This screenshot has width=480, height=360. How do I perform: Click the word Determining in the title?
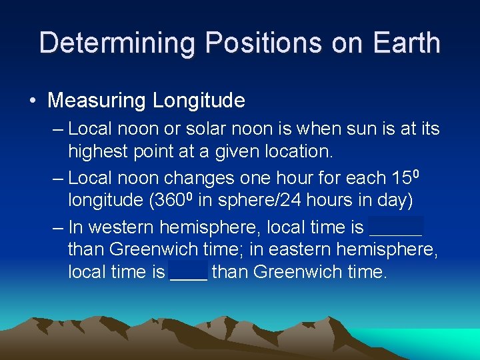pos(117,43)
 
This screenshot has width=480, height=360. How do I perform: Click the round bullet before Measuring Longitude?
pos(33,101)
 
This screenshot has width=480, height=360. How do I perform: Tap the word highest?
pos(103,151)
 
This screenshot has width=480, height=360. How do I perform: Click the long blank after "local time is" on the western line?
pos(396,228)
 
